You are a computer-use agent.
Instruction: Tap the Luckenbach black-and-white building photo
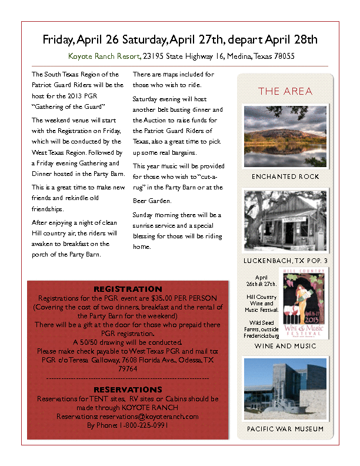(285, 220)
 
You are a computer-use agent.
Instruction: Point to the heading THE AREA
(285, 91)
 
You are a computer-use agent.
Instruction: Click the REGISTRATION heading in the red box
(128, 289)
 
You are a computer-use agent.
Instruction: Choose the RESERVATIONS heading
(128, 390)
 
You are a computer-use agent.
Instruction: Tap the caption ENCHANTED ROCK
(285, 177)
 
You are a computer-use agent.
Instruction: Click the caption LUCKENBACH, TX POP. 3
(285, 260)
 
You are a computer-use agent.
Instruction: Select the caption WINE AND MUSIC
(285, 346)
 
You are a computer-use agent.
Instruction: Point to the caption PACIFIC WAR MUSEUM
(285, 429)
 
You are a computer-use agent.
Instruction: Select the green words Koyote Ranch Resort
(104, 56)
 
